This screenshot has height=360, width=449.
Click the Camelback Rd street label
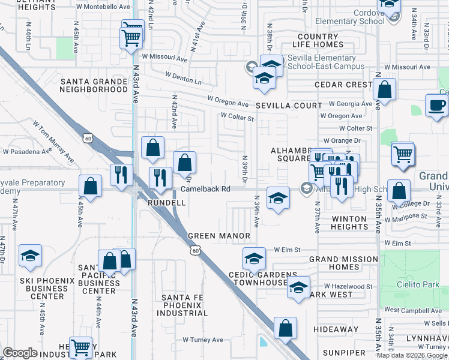pos(206,189)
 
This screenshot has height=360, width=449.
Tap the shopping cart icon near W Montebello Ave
pos(132,38)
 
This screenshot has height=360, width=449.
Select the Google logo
pos(20,353)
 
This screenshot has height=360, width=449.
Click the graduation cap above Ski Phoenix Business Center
pos(30,256)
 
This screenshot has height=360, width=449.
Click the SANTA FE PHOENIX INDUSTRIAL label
pos(184,305)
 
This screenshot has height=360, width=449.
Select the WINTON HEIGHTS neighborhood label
pos(349,223)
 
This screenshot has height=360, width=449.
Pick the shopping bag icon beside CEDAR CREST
pos(384,91)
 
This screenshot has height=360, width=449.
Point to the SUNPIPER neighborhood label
pos(343,352)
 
